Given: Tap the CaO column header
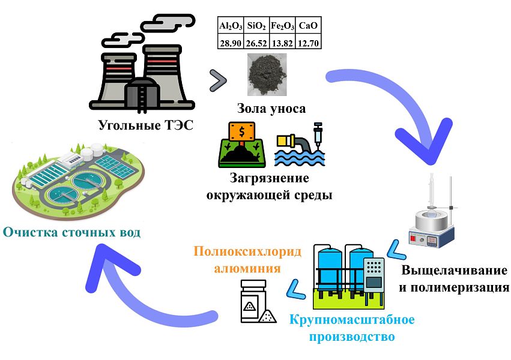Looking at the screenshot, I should [310, 26].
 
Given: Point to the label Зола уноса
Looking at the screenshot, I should [270, 109].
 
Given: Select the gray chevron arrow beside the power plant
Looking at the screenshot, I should [217, 81].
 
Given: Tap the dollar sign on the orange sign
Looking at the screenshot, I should [240, 131].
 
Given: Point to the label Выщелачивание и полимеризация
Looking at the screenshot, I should [454, 278].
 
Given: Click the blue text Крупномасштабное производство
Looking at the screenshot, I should [351, 328].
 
